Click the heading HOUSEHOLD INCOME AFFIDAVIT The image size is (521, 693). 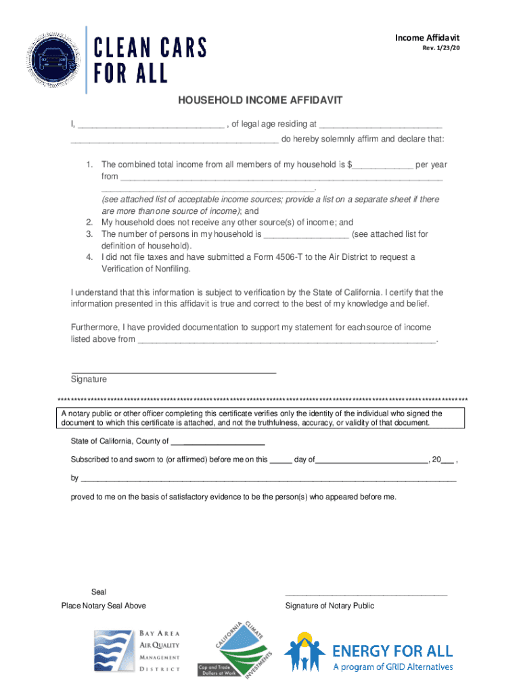(x=260, y=101)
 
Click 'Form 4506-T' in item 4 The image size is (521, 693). (x=277, y=258)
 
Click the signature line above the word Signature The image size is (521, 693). (x=173, y=372)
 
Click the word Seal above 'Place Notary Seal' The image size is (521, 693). (x=98, y=592)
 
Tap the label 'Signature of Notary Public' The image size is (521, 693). (x=330, y=606)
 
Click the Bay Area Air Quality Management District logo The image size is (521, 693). (x=137, y=650)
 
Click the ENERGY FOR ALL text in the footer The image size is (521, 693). (x=392, y=652)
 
